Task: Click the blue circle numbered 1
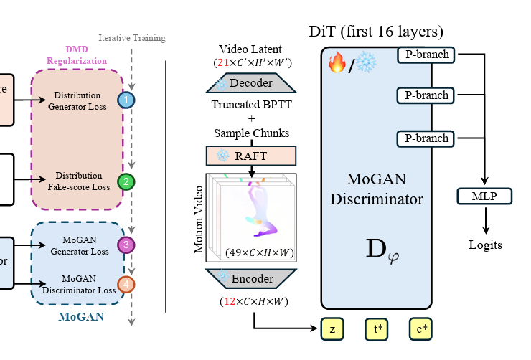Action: point(126,100)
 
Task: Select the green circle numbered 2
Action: point(126,181)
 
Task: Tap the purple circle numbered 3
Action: point(126,245)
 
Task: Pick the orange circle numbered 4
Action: point(126,284)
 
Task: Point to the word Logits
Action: point(486,245)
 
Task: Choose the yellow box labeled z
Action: point(332,328)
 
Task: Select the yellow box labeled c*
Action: point(422,328)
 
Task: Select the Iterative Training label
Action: point(131,38)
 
